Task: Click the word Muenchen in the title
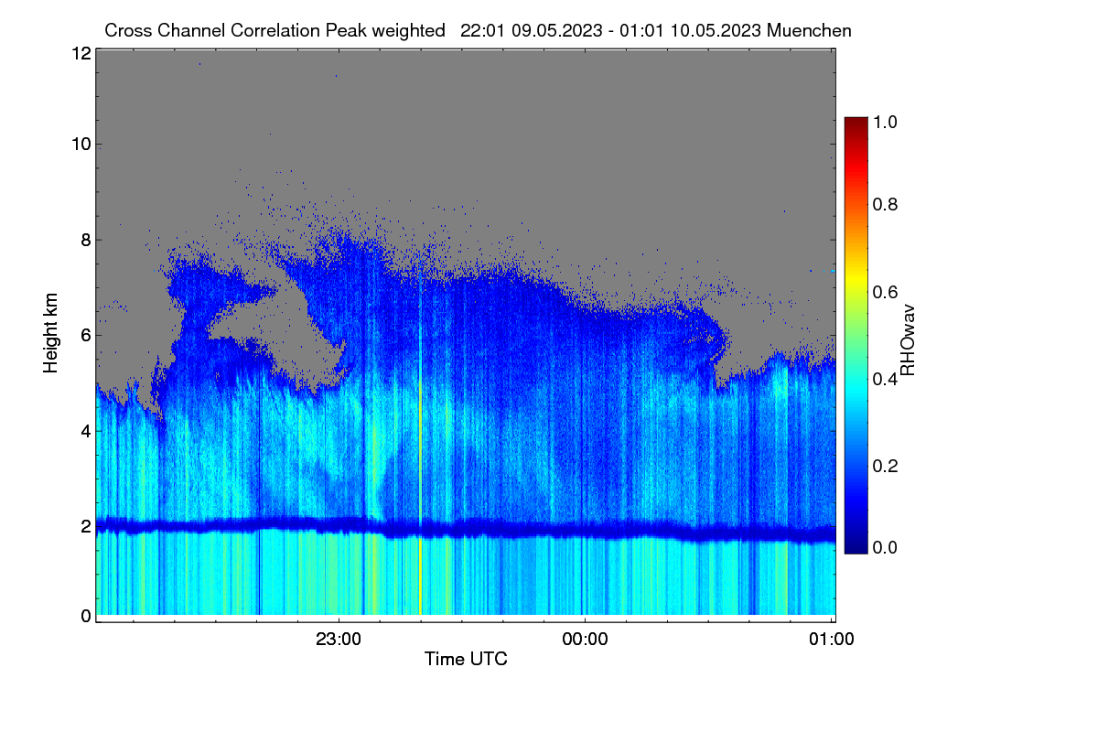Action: click(809, 30)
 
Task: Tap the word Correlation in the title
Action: click(275, 30)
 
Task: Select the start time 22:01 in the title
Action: click(482, 30)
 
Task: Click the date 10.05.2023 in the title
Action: click(716, 30)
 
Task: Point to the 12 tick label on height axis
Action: click(81, 53)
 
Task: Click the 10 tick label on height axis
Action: click(81, 145)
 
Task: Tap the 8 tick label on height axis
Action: click(86, 240)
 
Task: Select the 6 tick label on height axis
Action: click(86, 336)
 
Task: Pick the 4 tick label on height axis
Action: click(86, 431)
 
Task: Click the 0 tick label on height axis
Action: click(86, 616)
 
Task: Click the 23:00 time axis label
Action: click(339, 639)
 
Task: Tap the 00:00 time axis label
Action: click(585, 639)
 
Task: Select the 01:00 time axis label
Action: click(832, 639)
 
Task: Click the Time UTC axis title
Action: click(466, 659)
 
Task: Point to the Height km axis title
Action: click(50, 333)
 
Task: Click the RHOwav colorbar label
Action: click(908, 340)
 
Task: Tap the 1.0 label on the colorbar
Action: click(885, 122)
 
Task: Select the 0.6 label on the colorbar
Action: click(885, 292)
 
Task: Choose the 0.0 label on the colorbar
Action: click(885, 547)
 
